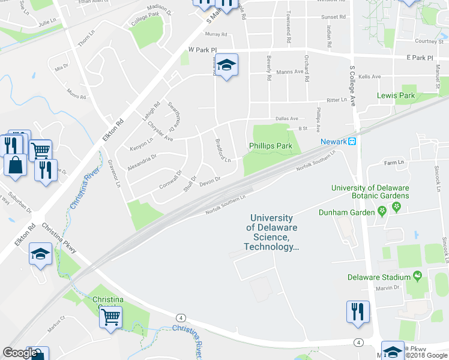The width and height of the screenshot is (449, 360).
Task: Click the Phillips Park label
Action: (x=270, y=146)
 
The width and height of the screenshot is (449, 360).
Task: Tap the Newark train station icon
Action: (x=352, y=142)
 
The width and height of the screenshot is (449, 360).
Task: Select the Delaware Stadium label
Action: (x=378, y=277)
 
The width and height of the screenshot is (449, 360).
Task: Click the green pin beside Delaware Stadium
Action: (x=418, y=277)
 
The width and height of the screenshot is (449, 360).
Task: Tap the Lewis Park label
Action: (x=396, y=95)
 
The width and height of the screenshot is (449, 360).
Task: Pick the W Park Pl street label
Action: (x=202, y=50)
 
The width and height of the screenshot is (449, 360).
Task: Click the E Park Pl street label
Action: (x=419, y=58)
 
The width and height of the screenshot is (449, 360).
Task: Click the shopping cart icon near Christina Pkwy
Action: (x=110, y=316)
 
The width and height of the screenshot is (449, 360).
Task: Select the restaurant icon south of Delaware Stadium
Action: (x=358, y=311)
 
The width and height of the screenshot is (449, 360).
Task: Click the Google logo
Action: (x=20, y=353)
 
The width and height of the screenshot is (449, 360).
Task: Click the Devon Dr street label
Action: (x=210, y=179)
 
